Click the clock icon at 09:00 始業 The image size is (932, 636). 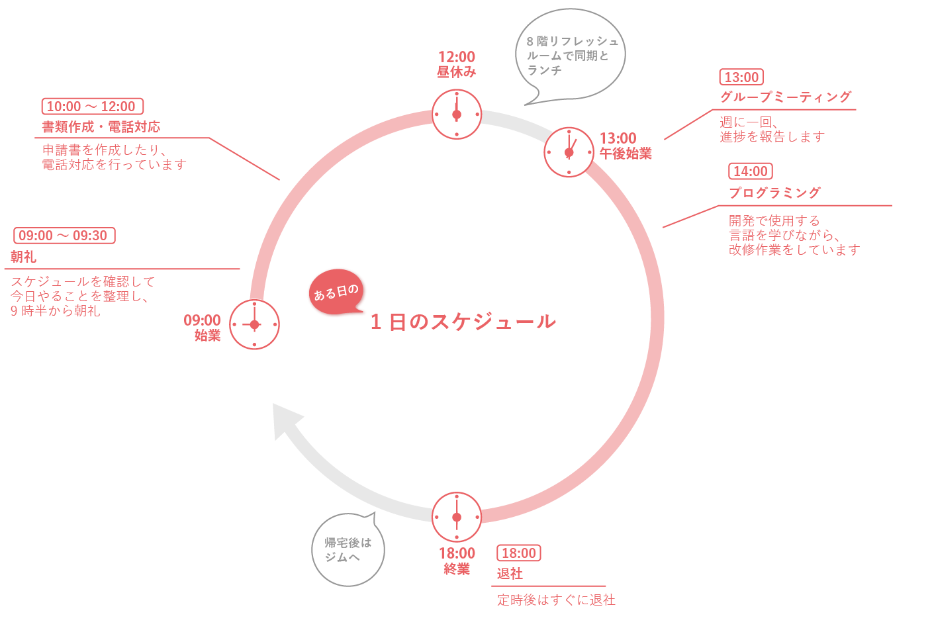[x=255, y=324]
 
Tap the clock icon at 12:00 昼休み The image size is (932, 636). [x=457, y=114]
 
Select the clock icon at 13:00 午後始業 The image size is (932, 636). [x=569, y=152]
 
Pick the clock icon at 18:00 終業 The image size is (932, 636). [x=457, y=517]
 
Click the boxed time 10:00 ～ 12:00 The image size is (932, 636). [x=92, y=107]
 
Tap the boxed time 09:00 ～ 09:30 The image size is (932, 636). [x=64, y=236]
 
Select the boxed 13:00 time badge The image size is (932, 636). [x=741, y=77]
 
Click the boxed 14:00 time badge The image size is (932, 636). [x=750, y=171]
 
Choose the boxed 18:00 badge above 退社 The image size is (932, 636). [x=518, y=553]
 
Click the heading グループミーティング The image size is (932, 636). [x=786, y=97]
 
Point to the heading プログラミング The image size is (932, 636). [x=774, y=193]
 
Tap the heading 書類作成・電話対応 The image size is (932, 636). [x=101, y=126]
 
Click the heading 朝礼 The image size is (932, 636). [x=23, y=257]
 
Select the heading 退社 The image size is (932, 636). [x=510, y=574]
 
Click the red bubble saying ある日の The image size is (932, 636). [x=336, y=292]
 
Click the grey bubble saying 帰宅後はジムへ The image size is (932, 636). [x=348, y=549]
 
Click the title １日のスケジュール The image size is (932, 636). [x=463, y=322]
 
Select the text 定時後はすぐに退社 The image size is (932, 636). [x=556, y=600]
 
